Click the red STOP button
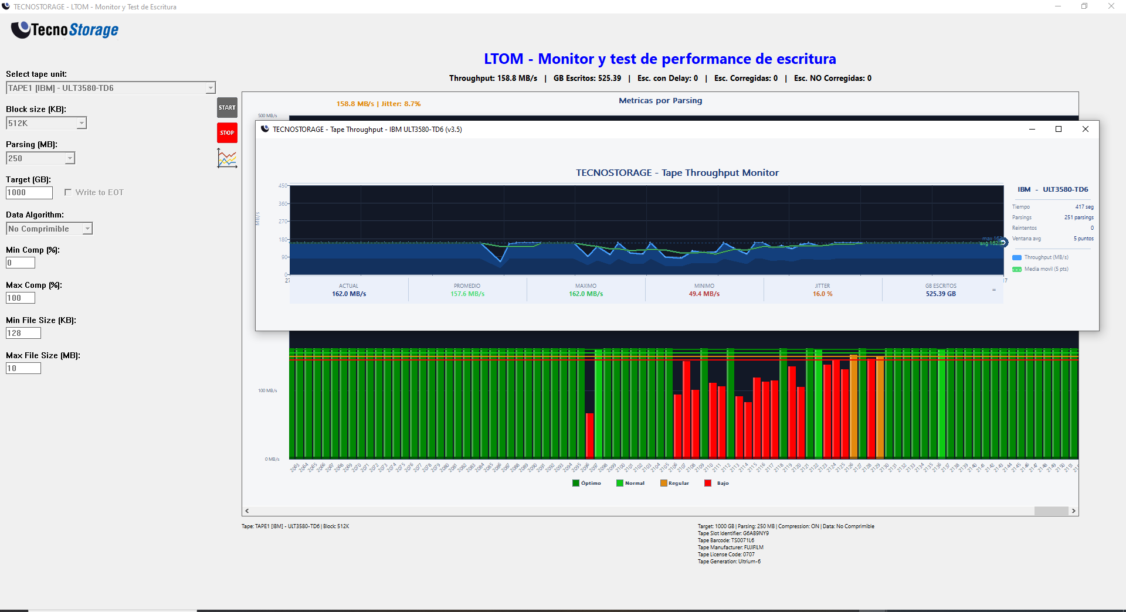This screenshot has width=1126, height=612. click(x=227, y=132)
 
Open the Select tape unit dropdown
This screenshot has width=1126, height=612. click(x=211, y=88)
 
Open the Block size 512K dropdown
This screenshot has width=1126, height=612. click(x=82, y=123)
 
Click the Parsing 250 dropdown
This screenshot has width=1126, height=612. click(x=70, y=158)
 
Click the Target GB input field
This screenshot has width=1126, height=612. click(x=29, y=192)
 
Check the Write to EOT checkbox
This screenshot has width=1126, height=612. click(x=68, y=192)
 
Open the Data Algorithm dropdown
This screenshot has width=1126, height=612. click(x=87, y=229)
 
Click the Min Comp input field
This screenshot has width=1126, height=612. click(x=21, y=263)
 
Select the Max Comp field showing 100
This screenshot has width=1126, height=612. click(x=21, y=298)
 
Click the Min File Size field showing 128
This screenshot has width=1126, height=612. click(x=23, y=333)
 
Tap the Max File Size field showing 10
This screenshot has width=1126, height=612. click(x=23, y=368)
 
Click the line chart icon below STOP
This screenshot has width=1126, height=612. click(x=227, y=158)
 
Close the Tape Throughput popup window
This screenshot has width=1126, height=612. click(x=1085, y=129)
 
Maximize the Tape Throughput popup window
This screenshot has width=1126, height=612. click(x=1059, y=129)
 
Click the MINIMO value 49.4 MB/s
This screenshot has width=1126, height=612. click(x=704, y=294)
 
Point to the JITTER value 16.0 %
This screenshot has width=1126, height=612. click(x=822, y=294)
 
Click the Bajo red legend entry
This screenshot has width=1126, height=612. click(x=716, y=483)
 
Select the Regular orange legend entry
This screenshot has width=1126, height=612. click(x=674, y=483)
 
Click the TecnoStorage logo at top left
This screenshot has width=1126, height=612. click(x=65, y=29)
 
